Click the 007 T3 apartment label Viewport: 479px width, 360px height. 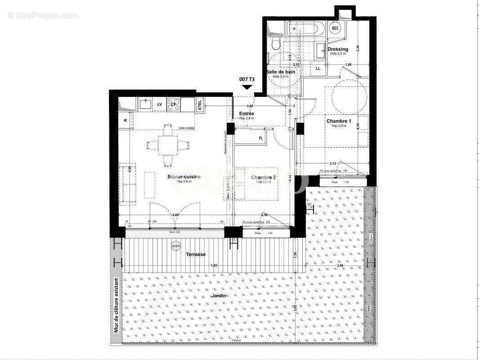click(x=247, y=79)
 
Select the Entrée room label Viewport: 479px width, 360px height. click(x=246, y=114)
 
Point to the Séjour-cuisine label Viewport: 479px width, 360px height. click(x=171, y=177)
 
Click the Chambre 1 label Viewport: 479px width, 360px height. click(x=338, y=121)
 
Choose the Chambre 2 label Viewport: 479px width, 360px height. click(x=264, y=177)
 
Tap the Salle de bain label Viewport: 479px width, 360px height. click(x=281, y=72)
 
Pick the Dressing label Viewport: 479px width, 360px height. click(x=338, y=49)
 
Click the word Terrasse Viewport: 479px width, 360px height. click(x=196, y=254)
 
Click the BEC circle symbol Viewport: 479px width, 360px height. click(x=335, y=28)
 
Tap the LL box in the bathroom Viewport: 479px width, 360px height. click(x=318, y=68)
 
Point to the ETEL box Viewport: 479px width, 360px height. click(x=200, y=105)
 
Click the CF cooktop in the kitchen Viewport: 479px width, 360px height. click(x=173, y=104)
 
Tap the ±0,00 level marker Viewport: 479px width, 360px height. click(x=175, y=246)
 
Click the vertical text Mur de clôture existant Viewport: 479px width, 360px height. click(x=116, y=306)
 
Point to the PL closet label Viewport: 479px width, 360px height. click(x=261, y=139)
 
